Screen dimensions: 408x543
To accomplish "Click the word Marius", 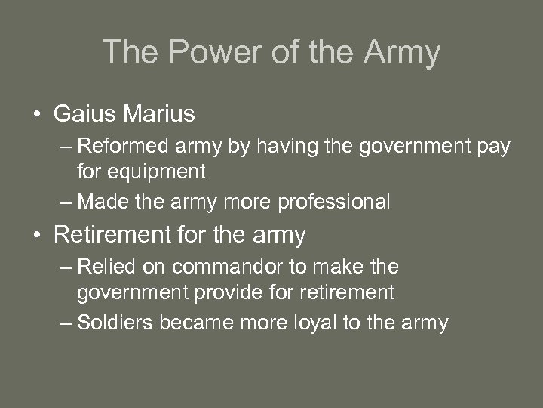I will click(x=160, y=114).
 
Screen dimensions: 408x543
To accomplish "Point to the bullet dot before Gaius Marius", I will click(x=37, y=115).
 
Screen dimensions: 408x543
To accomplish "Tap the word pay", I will click(x=493, y=146).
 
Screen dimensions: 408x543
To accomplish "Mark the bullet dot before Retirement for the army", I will click(x=37, y=236).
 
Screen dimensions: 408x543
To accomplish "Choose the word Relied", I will click(x=104, y=267).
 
